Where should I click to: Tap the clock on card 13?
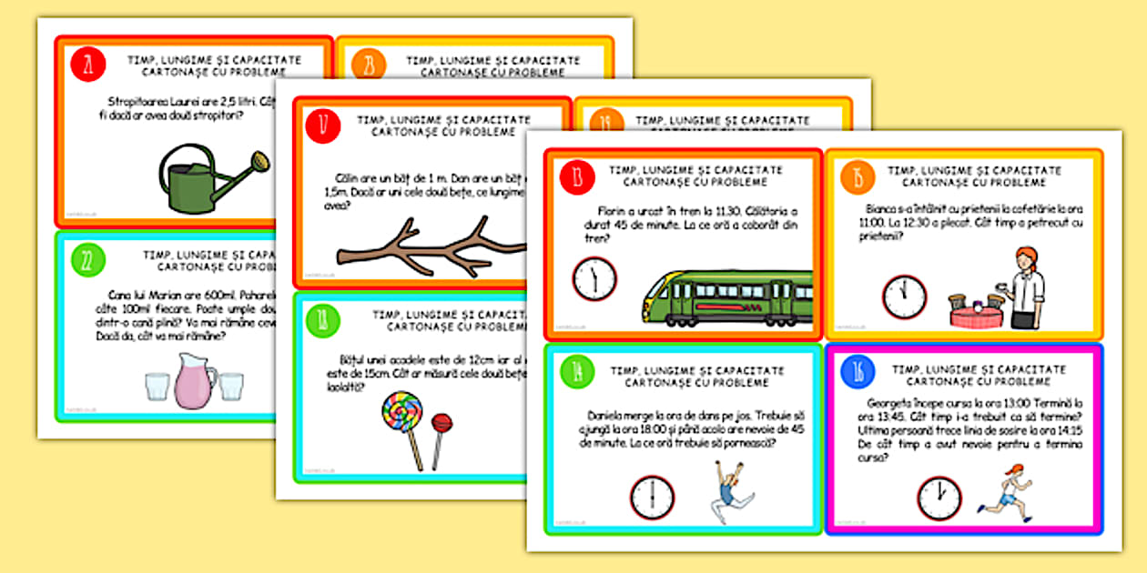[x=594, y=278]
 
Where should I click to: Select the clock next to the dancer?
[x=652, y=498]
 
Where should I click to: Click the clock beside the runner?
[x=939, y=498]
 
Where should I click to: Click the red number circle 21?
[x=88, y=65]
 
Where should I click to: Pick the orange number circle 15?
[x=857, y=177]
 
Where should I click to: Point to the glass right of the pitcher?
[x=230, y=386]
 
